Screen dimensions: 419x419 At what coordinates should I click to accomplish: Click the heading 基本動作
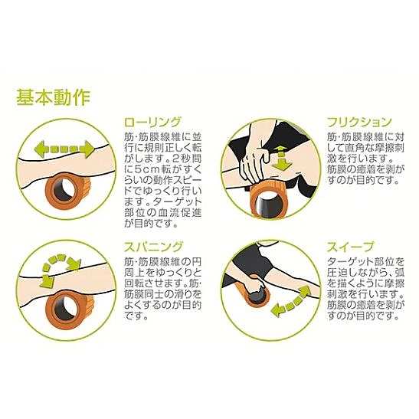tap(54, 97)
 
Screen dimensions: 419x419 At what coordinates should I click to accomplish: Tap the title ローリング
tap(152, 122)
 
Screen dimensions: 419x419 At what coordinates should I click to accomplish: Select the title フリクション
tap(359, 122)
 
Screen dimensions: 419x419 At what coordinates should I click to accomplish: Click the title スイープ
tap(350, 247)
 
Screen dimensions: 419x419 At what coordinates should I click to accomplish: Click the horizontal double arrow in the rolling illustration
tap(64, 149)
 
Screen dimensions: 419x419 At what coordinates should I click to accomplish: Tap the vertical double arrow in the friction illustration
tap(280, 159)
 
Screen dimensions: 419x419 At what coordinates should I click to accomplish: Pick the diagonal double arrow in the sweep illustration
tap(290, 302)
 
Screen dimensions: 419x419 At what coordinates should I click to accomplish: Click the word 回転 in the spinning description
tap(134, 283)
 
